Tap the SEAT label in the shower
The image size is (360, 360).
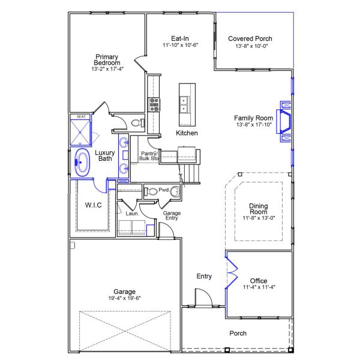81,117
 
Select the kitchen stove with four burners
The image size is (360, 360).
154,105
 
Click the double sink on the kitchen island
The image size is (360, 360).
185,105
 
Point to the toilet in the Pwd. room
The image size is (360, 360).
152,191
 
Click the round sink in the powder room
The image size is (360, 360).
175,192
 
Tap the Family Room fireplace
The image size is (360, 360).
283,120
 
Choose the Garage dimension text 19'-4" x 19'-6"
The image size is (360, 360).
124,298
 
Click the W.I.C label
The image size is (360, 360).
93,205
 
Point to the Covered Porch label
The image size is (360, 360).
250,38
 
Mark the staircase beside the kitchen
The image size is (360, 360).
193,172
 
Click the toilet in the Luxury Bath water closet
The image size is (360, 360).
136,123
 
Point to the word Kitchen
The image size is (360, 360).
187,133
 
